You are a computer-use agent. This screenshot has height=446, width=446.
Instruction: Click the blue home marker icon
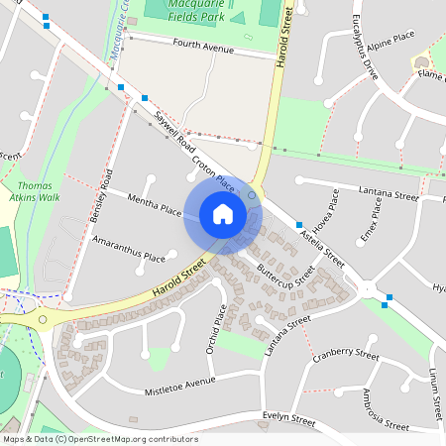pyautogui.click(x=223, y=214)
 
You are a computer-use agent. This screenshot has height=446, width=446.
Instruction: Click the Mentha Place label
pyautogui.click(x=155, y=205)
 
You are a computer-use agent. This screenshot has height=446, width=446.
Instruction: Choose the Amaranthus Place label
pyautogui.click(x=129, y=249)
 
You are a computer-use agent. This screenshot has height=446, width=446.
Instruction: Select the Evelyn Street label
pyautogui.click(x=288, y=418)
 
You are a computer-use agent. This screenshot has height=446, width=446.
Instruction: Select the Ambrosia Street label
pyautogui.click(x=385, y=408)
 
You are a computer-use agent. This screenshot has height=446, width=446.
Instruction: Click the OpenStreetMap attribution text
pyautogui.click(x=99, y=438)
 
